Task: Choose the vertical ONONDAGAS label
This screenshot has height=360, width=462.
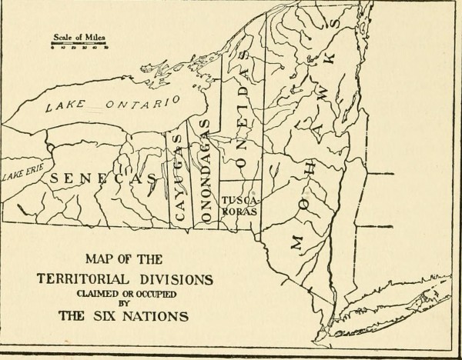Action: [204, 171]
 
